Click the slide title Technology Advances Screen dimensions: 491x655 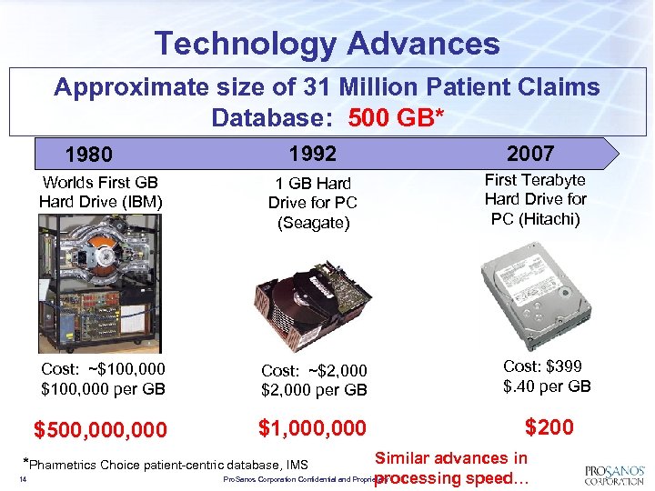327,43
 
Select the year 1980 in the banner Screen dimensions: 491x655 89,155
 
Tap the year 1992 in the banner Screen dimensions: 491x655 313,153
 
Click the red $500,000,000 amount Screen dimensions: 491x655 100,429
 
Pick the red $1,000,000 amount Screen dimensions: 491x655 312,427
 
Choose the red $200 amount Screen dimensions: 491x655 549,426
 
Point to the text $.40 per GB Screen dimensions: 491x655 547,386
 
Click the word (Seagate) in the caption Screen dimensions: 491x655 313,223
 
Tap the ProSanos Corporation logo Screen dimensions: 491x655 614,474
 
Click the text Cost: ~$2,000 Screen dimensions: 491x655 314,370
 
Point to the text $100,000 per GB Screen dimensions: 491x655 102,388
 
